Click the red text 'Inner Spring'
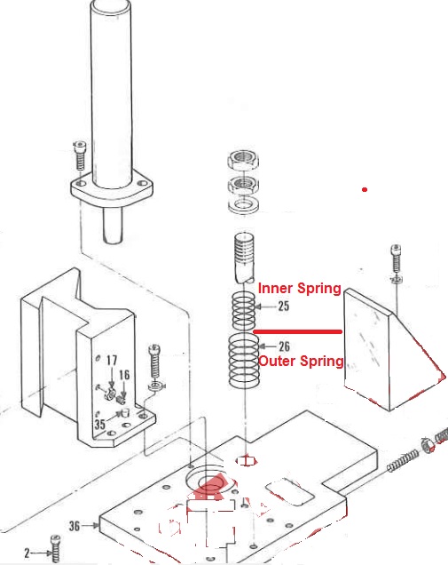coord(299,289)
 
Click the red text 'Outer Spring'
coord(301,362)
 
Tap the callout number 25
coord(284,306)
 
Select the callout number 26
coord(284,346)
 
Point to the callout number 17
coord(112,361)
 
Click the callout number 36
coord(75,526)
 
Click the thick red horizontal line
coord(298,331)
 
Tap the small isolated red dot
coord(365,190)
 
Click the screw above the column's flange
coord(81,157)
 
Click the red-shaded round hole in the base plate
coord(211,483)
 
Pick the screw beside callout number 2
coord(56,550)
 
